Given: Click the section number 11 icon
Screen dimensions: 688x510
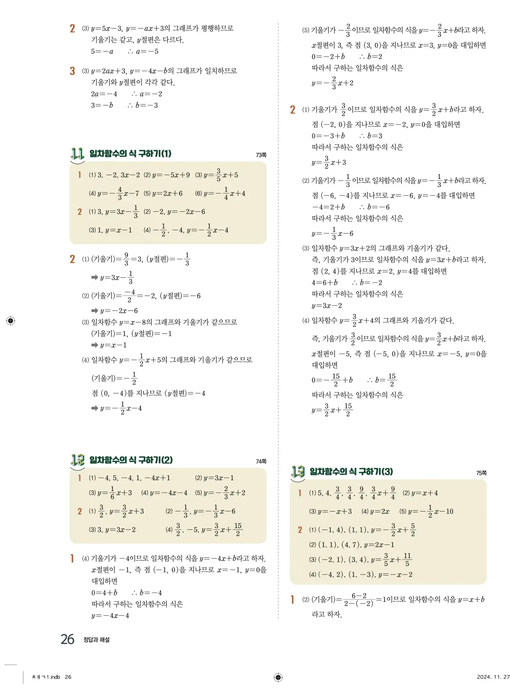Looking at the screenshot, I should click(77, 154).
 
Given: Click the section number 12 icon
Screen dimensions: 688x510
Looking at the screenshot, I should click(77, 460).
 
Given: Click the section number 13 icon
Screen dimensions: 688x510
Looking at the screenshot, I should click(298, 472).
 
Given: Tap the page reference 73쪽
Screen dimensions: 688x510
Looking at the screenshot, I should click(261, 155).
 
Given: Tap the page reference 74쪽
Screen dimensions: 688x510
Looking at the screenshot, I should click(261, 462).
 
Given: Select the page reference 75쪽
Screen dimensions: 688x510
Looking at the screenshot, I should click(481, 473).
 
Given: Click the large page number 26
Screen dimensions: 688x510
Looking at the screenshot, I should click(67, 639).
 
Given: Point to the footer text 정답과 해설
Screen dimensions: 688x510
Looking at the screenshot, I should click(97, 640).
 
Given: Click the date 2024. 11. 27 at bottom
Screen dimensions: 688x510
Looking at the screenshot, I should click(493, 677).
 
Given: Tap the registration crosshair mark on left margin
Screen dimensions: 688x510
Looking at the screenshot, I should click(11, 320).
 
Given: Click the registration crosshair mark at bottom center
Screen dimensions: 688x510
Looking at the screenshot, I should click(278, 677).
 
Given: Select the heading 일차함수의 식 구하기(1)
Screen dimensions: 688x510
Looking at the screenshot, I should click(130, 154).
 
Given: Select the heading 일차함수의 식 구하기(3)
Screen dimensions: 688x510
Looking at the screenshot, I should click(351, 472).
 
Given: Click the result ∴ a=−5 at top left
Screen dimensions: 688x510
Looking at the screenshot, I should click(143, 51).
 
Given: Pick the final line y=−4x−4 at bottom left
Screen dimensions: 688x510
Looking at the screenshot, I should click(110, 616).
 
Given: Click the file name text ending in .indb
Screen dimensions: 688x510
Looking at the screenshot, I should click(46, 677).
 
